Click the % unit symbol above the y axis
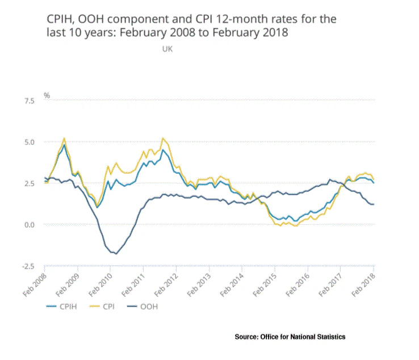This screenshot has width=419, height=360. click(x=47, y=95)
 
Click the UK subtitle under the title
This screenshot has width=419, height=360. click(x=167, y=49)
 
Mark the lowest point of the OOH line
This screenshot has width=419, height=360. click(x=116, y=254)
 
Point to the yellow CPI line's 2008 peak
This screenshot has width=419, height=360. click(x=64, y=138)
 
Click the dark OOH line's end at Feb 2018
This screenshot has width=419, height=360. click(x=373, y=204)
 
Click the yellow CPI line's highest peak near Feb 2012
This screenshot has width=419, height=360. click(x=163, y=138)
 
